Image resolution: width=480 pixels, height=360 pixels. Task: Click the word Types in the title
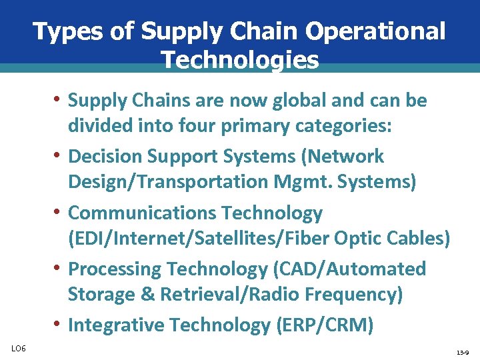pyautogui.click(x=61, y=31)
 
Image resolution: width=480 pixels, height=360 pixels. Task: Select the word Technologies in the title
pyautogui.click(x=240, y=61)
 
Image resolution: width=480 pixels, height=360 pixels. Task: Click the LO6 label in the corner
pyautogui.click(x=19, y=348)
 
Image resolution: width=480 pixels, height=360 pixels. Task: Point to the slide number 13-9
pyautogui.click(x=463, y=351)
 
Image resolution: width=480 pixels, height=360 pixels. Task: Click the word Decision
pyautogui.click(x=109, y=157)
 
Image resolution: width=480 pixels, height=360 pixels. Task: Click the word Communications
pyautogui.click(x=142, y=213)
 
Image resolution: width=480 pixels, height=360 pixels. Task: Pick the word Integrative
pyautogui.click(x=116, y=325)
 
